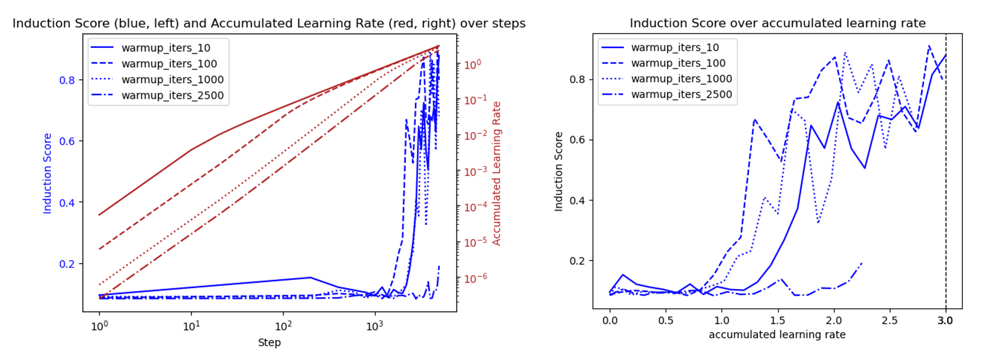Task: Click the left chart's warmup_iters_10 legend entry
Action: point(165,48)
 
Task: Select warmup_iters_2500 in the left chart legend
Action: point(172,95)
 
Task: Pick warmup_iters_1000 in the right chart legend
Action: point(681,79)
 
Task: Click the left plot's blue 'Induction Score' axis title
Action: point(47,173)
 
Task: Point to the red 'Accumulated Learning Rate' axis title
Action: point(497,173)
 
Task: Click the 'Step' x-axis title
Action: point(269,342)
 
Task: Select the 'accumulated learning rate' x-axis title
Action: point(777,335)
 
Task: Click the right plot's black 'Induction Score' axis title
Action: point(559,172)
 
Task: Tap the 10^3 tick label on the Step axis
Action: point(374,326)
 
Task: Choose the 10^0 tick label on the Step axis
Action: point(99,326)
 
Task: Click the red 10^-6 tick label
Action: point(476,278)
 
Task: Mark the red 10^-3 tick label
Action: point(476,172)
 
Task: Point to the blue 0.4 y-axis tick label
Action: point(67,202)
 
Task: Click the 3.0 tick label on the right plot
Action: point(945,321)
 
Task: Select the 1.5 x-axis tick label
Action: point(777,321)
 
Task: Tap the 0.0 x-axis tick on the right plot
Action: point(610,321)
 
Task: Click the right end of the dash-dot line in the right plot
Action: point(862,263)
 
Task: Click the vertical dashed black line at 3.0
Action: point(946,182)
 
